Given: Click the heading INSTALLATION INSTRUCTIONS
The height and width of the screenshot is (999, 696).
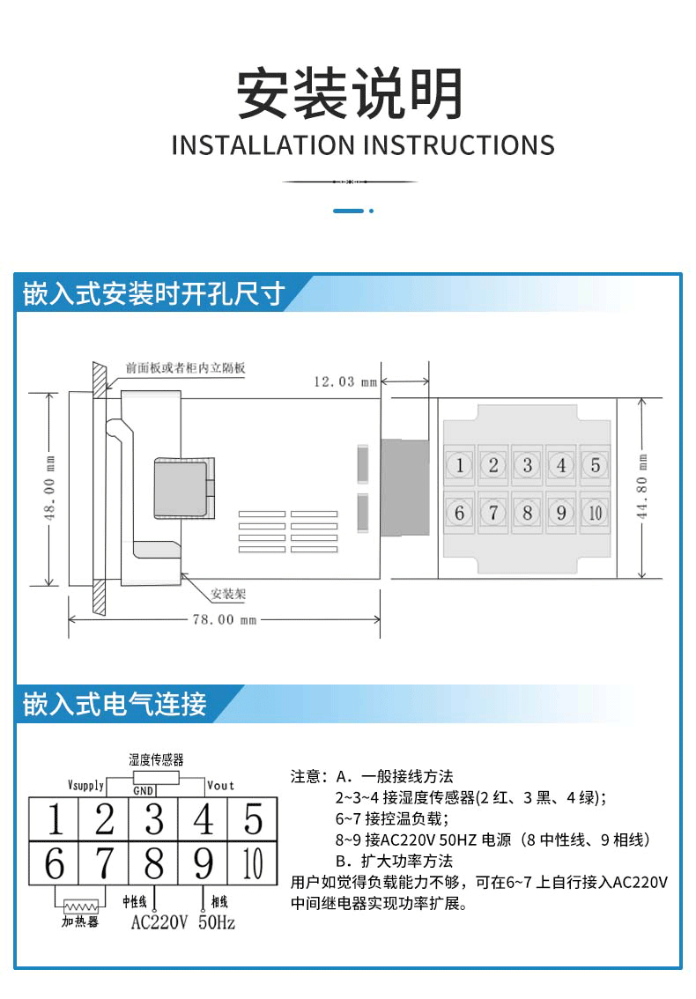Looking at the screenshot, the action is [362, 145].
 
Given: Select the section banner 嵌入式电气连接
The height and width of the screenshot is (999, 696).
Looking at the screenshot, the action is [115, 704].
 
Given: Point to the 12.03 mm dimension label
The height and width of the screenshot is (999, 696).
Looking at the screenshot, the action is [345, 381].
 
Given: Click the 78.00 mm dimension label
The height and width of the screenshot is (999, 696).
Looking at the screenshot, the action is [224, 619].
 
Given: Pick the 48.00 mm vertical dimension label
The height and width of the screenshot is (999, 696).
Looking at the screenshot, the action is [49, 488].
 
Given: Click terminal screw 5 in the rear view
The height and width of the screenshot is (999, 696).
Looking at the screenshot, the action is [595, 465].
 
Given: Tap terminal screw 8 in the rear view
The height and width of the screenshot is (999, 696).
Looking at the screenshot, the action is [527, 512].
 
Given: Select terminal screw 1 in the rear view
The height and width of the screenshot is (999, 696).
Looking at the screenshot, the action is [459, 465].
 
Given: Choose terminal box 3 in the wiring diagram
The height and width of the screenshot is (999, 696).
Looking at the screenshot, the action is [154, 819].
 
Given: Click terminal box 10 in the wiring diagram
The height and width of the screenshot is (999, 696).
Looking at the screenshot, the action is [253, 864].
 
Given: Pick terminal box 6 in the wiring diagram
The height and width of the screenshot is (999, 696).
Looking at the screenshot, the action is [55, 864].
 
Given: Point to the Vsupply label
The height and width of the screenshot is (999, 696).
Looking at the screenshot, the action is [85, 784].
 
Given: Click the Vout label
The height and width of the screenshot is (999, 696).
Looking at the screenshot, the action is [220, 784].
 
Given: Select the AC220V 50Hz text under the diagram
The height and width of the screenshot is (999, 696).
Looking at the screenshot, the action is [183, 923].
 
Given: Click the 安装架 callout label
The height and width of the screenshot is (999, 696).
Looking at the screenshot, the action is [228, 594].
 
